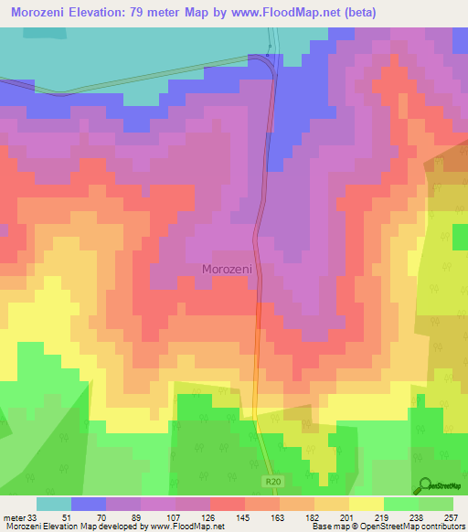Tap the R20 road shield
[x=273, y=480]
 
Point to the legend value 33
[x=32, y=516]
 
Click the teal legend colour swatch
[x=54, y=504]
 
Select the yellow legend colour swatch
[x=365, y=504]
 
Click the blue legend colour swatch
[x=89, y=504]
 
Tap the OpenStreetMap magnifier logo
[x=424, y=484]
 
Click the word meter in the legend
[x=13, y=516]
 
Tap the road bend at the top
[x=266, y=61]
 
